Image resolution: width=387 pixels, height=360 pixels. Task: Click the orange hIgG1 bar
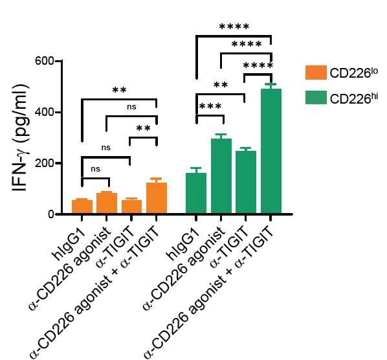(82, 207)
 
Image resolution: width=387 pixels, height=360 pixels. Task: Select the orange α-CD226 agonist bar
(107, 203)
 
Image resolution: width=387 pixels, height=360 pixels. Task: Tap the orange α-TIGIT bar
(131, 207)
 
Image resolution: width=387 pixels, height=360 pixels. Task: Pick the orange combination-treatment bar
(157, 197)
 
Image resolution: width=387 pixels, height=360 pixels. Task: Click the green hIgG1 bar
(196, 193)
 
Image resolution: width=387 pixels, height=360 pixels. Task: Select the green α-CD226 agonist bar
(221, 176)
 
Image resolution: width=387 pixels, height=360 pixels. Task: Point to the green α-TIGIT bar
(246, 182)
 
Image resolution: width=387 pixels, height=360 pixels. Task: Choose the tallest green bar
(271, 151)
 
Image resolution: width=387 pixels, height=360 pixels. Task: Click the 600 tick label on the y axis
(44, 61)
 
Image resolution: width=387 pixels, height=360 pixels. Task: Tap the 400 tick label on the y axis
(44, 112)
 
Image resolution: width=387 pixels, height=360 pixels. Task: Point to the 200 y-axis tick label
(44, 163)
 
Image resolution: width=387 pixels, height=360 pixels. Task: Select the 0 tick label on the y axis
(50, 214)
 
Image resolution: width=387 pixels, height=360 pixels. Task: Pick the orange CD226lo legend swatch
(316, 73)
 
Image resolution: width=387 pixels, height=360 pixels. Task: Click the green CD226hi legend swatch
(316, 98)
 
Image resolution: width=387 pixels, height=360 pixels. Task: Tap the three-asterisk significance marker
(210, 106)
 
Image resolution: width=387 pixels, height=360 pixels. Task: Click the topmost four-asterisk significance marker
(234, 26)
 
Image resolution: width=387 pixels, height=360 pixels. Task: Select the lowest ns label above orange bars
(96, 169)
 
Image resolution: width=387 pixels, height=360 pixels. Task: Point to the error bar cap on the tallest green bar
(271, 84)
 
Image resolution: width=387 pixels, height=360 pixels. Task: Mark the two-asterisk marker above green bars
(221, 85)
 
